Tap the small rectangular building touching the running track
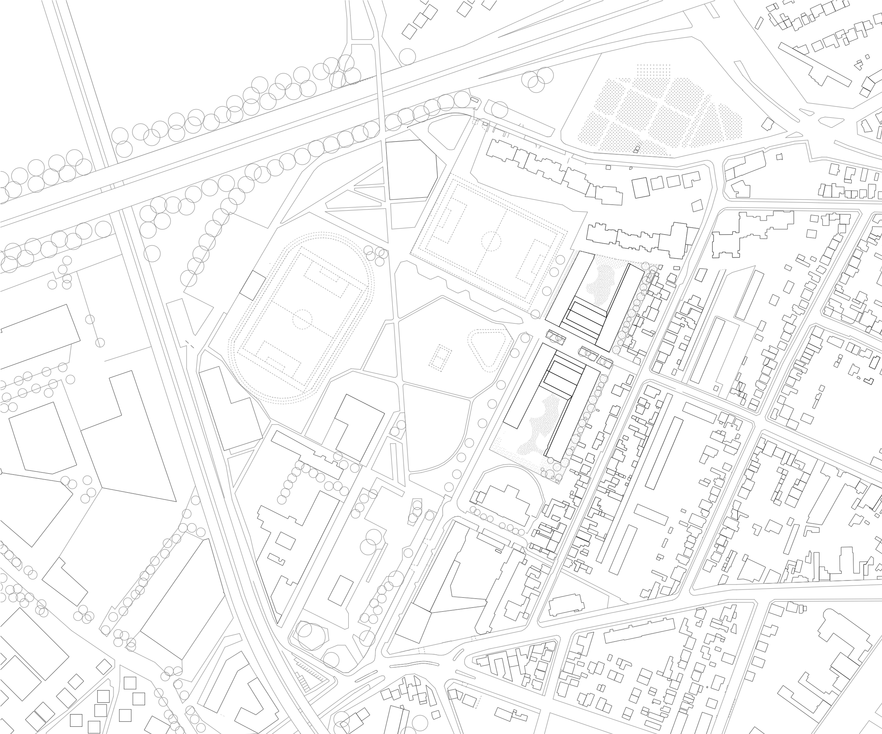(253, 285)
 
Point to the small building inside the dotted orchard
(637, 149)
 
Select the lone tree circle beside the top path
(407, 57)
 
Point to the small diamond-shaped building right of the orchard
(767, 125)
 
